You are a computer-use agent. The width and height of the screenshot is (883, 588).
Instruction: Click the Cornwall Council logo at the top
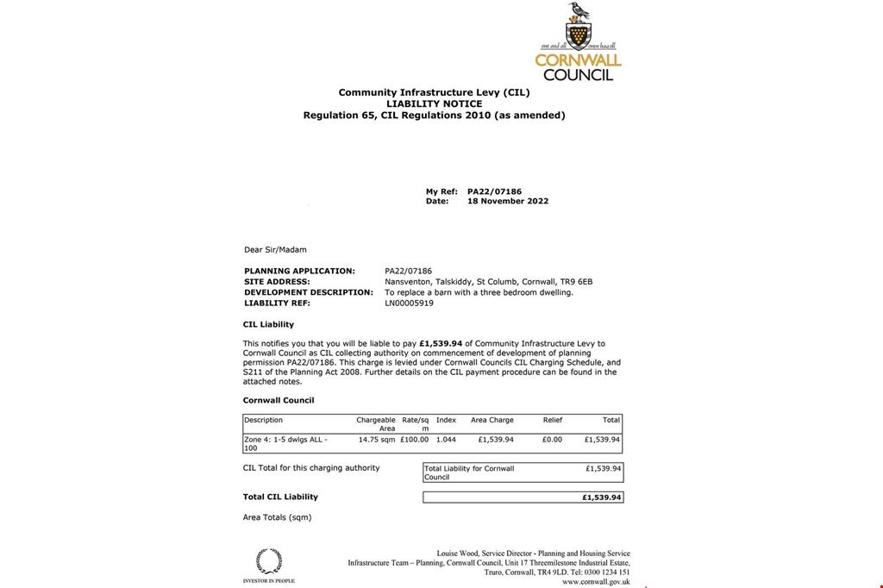[x=578, y=43]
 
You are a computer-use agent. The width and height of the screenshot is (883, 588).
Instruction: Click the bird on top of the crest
[x=578, y=12]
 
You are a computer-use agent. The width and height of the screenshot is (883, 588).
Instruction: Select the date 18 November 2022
[x=508, y=201]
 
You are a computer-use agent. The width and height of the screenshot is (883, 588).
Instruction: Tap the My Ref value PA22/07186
[x=494, y=191]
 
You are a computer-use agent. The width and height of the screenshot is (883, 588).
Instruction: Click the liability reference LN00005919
[x=410, y=303]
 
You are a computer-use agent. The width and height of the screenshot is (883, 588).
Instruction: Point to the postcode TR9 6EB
[x=576, y=281]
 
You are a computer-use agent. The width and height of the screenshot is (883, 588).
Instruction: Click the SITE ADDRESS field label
[x=277, y=281]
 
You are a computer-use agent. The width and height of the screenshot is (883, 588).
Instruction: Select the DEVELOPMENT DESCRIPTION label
[x=309, y=292]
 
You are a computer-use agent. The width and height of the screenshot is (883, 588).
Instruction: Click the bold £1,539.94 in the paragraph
[x=441, y=343]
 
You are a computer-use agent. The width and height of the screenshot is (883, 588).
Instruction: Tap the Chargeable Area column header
[x=376, y=424]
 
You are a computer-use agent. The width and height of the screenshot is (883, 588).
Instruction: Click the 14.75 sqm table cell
[x=377, y=440]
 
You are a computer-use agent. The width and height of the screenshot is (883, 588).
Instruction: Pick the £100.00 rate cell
[x=414, y=440]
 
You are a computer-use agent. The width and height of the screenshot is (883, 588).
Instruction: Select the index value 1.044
[x=446, y=440]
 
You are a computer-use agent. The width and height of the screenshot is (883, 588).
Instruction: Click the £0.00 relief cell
[x=552, y=440]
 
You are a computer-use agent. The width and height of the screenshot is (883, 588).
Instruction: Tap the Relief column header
[x=553, y=420]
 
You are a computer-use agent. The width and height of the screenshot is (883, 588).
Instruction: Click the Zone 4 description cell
[x=285, y=443]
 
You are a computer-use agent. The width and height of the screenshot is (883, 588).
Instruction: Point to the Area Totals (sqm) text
[x=277, y=517]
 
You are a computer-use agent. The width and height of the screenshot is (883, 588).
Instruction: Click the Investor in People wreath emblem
[x=269, y=561]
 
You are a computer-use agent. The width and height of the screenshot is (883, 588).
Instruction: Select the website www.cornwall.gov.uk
[x=596, y=582]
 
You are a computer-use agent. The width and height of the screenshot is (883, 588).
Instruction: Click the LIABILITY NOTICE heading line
[x=434, y=103]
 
